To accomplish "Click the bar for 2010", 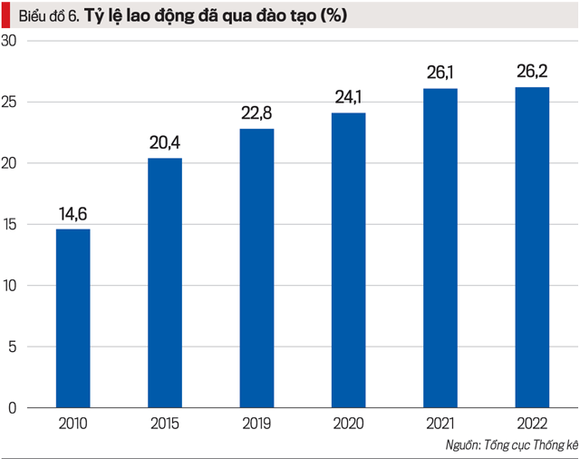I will point(72,317).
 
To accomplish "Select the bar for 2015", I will point(165,282).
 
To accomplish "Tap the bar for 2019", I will point(256,268).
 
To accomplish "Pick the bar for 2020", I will point(348,259).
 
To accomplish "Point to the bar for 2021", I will point(440,248).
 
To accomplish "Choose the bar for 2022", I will point(532,247).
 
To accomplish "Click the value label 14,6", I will point(72,214).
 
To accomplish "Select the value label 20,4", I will point(165,143).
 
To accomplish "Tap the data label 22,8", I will point(256,113).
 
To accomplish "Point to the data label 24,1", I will point(348,98).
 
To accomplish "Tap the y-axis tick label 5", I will point(13,347).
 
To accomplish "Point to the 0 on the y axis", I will point(13,407).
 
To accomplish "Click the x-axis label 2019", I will point(256,424).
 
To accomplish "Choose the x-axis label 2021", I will point(440,424).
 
